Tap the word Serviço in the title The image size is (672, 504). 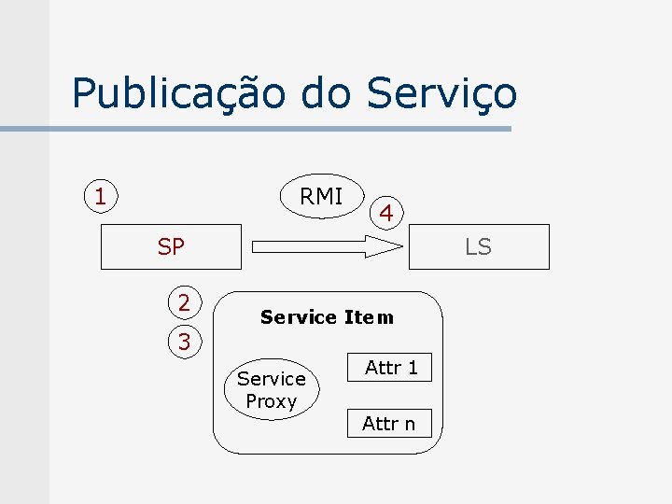point(441,94)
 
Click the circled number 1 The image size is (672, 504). point(100,197)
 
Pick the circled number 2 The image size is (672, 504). point(184,302)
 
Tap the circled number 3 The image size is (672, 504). point(184,343)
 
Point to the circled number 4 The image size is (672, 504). point(385,213)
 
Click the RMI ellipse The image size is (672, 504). point(321,196)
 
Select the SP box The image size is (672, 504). point(172,247)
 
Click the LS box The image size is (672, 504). point(478,247)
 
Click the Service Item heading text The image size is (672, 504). point(327,317)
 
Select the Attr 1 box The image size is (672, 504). point(391,368)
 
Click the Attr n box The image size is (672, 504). point(388,424)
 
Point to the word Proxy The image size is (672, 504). point(271,402)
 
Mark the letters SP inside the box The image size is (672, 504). point(172,247)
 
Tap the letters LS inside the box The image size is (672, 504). point(478,247)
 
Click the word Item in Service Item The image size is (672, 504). point(369,317)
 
